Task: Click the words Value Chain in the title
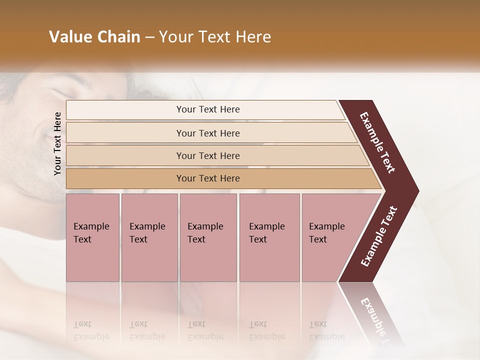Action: point(94,37)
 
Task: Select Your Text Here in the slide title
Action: point(215,37)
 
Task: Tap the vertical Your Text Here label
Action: point(57,143)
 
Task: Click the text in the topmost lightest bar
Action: point(208,109)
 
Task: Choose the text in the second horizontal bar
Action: point(208,133)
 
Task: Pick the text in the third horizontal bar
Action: point(208,156)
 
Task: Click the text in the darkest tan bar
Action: point(208,178)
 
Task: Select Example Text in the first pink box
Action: point(91,233)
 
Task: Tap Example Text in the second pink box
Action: point(147,233)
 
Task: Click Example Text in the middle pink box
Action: point(205,233)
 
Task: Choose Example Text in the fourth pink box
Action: point(266,233)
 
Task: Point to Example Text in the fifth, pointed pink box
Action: point(326,233)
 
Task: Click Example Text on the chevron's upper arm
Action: point(377,142)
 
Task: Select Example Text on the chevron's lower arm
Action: point(379,236)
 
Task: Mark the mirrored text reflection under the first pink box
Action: point(91,330)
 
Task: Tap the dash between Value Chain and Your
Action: point(149,37)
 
